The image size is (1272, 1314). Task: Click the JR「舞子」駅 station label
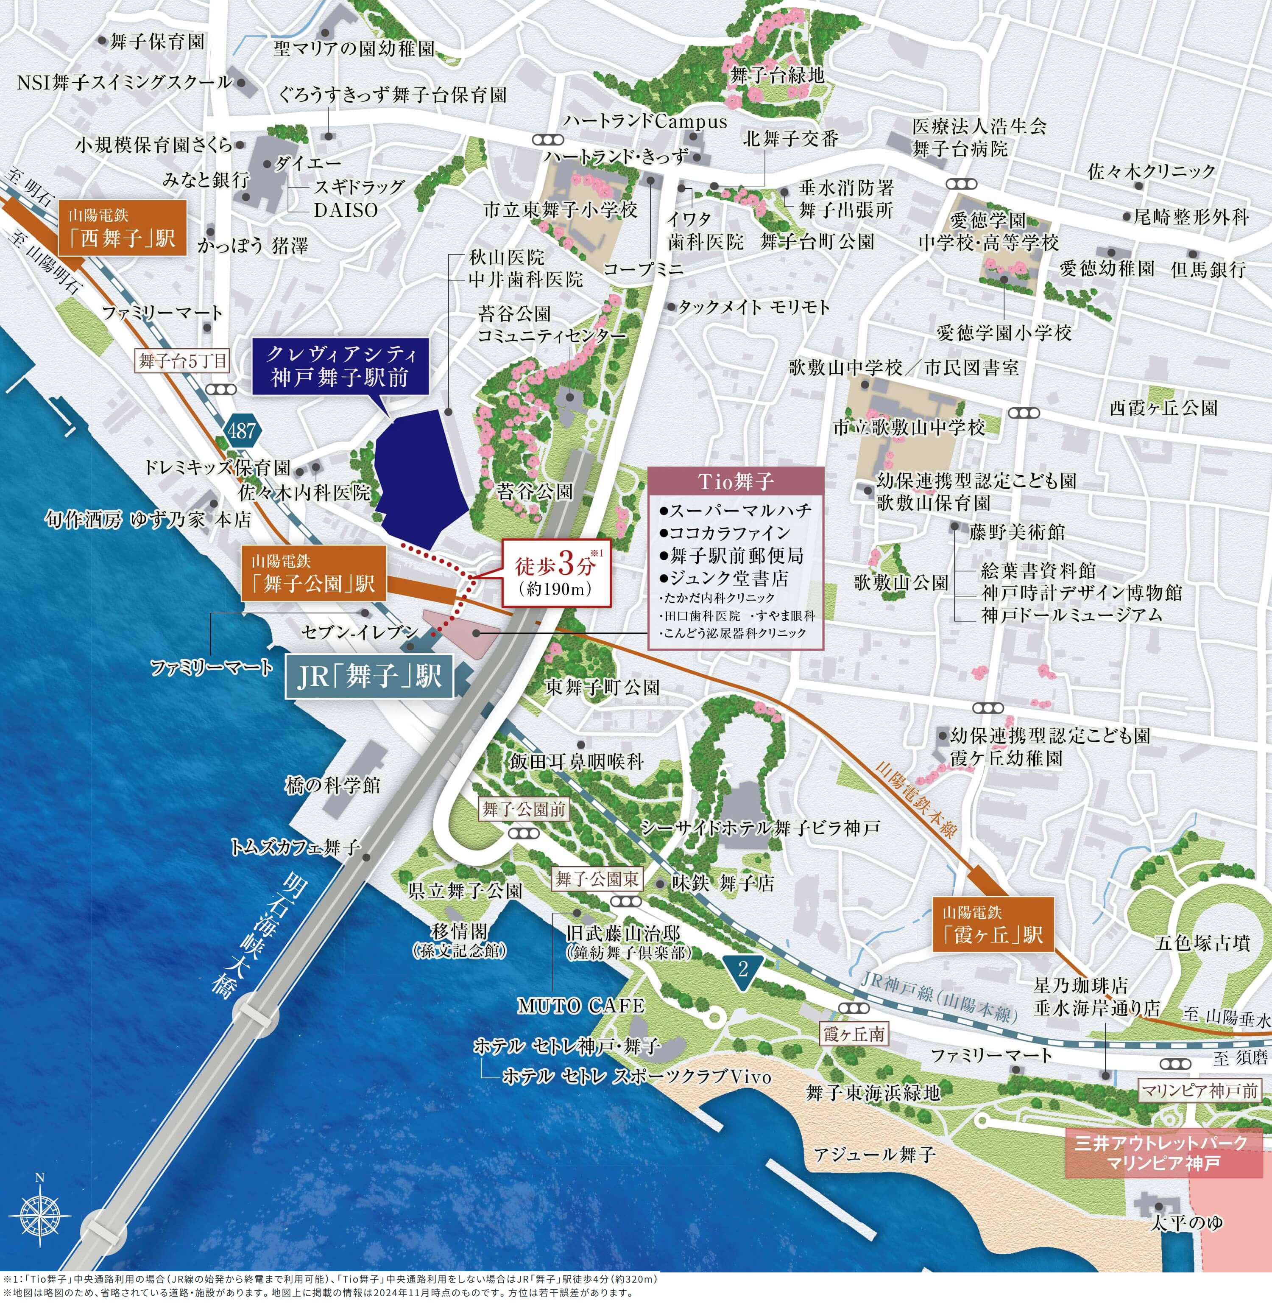[369, 677]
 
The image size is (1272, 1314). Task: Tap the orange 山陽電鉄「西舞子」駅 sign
[121, 228]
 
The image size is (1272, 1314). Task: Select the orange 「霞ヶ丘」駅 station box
[993, 925]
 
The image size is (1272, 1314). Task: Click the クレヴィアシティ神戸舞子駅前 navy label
[339, 366]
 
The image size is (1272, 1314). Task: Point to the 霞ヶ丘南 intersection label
[854, 1034]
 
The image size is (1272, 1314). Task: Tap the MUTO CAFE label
[581, 1006]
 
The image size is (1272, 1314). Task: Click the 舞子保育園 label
[157, 42]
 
